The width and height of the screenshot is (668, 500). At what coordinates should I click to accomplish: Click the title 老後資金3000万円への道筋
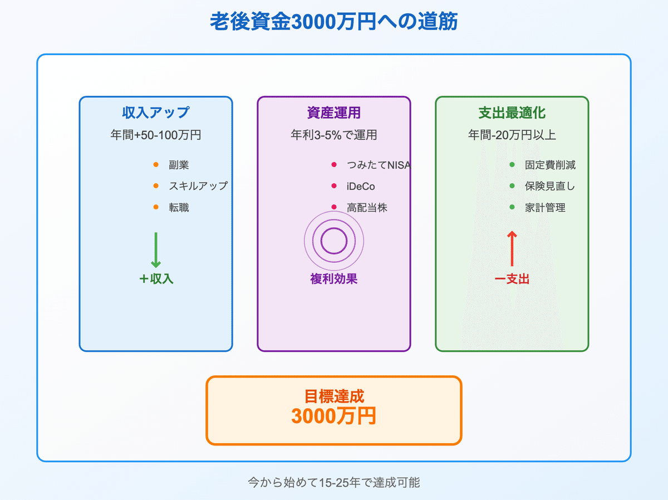(333, 22)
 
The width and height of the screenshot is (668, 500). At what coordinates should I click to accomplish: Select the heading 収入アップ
(155, 113)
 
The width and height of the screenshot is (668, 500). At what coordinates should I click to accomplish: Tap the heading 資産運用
(333, 113)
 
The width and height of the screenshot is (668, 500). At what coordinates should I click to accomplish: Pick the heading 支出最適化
(512, 113)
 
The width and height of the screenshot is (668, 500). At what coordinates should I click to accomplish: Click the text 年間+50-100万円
(155, 135)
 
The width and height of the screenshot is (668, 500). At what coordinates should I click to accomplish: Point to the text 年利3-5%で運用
(333, 135)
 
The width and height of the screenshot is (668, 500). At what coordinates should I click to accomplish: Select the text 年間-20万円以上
(512, 135)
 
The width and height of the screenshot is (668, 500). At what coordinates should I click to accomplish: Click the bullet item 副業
(179, 165)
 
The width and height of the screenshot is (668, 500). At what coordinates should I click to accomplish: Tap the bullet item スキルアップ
(198, 186)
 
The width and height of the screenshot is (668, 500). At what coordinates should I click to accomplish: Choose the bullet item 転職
(179, 208)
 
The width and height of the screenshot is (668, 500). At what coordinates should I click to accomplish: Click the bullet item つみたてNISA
(379, 165)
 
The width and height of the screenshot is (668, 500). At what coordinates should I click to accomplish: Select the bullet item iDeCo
(361, 187)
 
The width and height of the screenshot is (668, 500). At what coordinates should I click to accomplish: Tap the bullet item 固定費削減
(550, 165)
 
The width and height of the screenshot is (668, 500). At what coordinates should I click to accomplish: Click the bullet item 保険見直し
(550, 187)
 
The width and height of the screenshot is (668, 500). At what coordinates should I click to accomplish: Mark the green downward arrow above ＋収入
(156, 250)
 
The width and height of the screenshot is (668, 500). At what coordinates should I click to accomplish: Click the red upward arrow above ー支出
(512, 249)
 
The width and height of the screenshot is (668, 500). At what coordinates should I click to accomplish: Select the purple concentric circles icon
(334, 241)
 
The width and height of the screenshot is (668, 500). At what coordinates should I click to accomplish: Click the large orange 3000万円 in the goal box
(333, 416)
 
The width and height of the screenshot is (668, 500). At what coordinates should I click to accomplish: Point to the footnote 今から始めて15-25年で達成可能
(333, 482)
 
